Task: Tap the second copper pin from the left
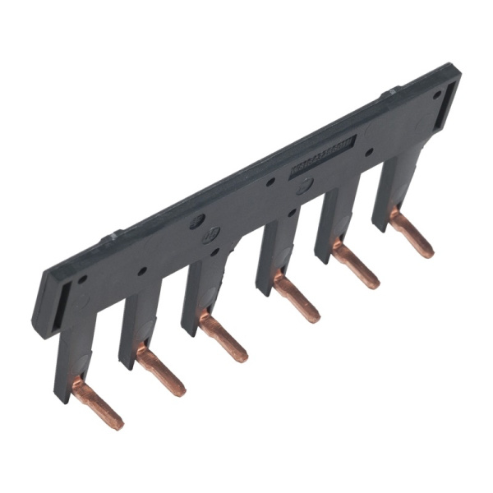tap(159, 370)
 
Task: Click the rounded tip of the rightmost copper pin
tap(428, 251)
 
